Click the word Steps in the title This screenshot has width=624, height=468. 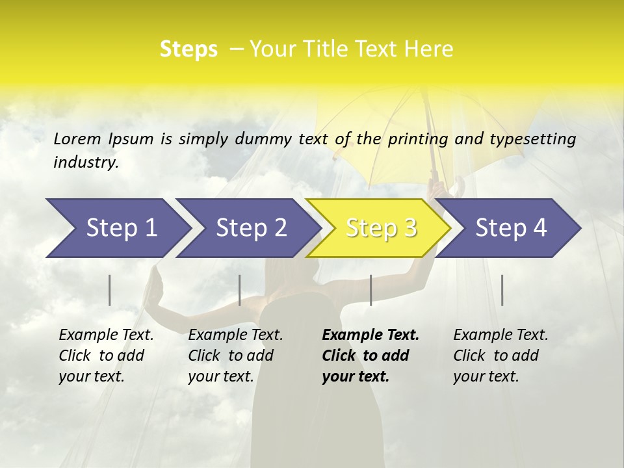click(x=188, y=49)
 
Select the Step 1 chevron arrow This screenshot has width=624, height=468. click(x=117, y=228)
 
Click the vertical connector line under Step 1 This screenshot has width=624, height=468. click(x=110, y=290)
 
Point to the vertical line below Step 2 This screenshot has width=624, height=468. click(x=240, y=290)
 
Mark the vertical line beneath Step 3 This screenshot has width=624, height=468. click(x=370, y=290)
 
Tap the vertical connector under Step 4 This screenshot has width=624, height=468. click(x=502, y=290)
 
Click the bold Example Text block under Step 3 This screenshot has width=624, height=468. click(x=370, y=356)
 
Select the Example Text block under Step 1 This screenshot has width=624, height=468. click(x=106, y=356)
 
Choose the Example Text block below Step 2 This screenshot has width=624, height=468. click(x=235, y=356)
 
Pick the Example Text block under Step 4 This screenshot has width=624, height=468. click(x=500, y=356)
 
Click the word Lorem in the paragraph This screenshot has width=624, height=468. click(x=77, y=139)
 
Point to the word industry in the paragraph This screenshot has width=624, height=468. click(x=86, y=162)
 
